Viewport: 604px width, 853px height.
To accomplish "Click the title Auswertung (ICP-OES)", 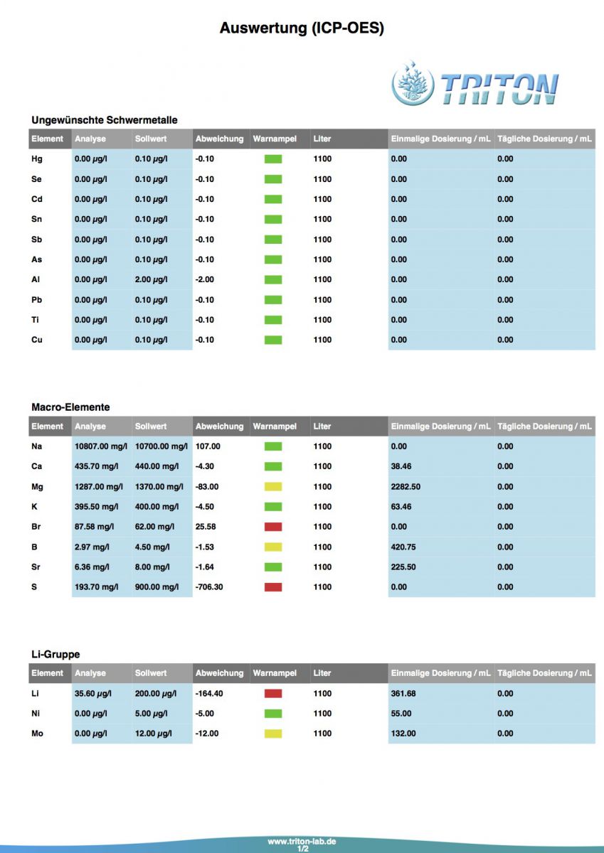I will pos(302,28).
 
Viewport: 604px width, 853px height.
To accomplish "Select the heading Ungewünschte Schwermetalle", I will pos(104,120).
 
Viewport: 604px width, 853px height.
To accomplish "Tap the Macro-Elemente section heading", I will pos(70,407).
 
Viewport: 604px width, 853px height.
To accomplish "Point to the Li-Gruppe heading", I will pos(55,654).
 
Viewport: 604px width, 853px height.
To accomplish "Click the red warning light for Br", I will pos(273,527).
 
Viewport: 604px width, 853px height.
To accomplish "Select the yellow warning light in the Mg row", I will pos(273,487).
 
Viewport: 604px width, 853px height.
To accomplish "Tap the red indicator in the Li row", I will pos(273,693).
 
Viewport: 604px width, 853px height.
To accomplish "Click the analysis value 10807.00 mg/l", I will pos(100,446).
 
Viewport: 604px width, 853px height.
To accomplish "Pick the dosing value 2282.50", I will pos(406,487).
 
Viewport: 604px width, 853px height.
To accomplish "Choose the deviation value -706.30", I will pos(209,587).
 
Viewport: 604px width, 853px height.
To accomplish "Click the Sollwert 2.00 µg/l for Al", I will pos(151,279).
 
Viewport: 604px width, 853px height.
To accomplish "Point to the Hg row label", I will pos(37,159).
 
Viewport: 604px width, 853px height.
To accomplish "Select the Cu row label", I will pos(37,340).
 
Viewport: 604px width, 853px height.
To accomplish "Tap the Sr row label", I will pos(36,567).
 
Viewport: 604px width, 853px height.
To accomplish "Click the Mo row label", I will pos(37,734).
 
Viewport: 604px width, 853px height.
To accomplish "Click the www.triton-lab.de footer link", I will pos(302,842).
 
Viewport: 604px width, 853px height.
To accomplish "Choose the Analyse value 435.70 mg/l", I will pos(97,466).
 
